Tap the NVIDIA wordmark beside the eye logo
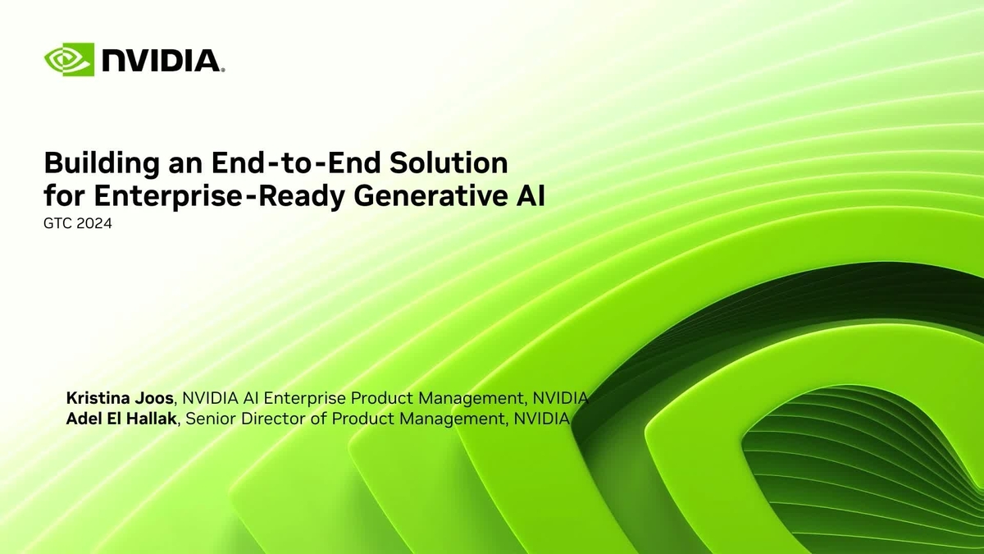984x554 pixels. tap(161, 61)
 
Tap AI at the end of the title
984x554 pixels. tap(531, 197)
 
